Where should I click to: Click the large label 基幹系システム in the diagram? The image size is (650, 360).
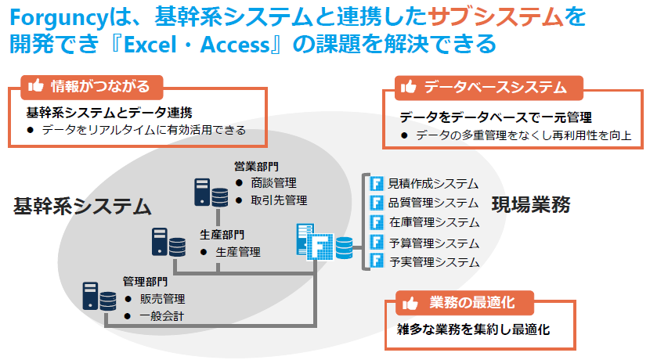click(81, 207)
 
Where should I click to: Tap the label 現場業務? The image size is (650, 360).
click(531, 205)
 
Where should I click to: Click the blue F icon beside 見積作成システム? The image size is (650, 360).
click(377, 184)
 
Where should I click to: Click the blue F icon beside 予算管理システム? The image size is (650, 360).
click(377, 243)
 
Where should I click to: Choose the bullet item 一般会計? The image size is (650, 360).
click(162, 317)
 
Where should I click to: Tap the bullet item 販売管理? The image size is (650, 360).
click(162, 299)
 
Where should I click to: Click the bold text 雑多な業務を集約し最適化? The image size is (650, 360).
click(474, 329)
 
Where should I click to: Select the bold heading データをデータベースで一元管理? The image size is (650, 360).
click(495, 117)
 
